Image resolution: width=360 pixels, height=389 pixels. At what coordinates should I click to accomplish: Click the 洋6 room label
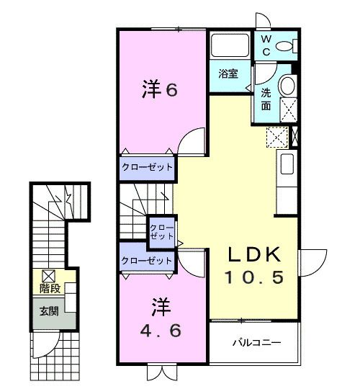[159, 91]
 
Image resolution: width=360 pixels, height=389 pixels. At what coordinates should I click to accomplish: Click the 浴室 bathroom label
[229, 73]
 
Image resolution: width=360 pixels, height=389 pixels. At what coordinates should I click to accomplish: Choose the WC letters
[266, 45]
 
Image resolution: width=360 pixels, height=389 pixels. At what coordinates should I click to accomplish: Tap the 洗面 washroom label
[266, 99]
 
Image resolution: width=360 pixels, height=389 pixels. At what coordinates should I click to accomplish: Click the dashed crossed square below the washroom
[277, 135]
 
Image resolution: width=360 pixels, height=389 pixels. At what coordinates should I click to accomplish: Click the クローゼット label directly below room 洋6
[147, 168]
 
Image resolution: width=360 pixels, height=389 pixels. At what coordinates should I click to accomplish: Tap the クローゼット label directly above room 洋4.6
[147, 260]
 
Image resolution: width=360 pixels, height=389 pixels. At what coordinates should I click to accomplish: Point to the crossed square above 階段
[48, 275]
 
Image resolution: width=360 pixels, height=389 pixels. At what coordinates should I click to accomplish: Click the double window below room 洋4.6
[160, 373]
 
